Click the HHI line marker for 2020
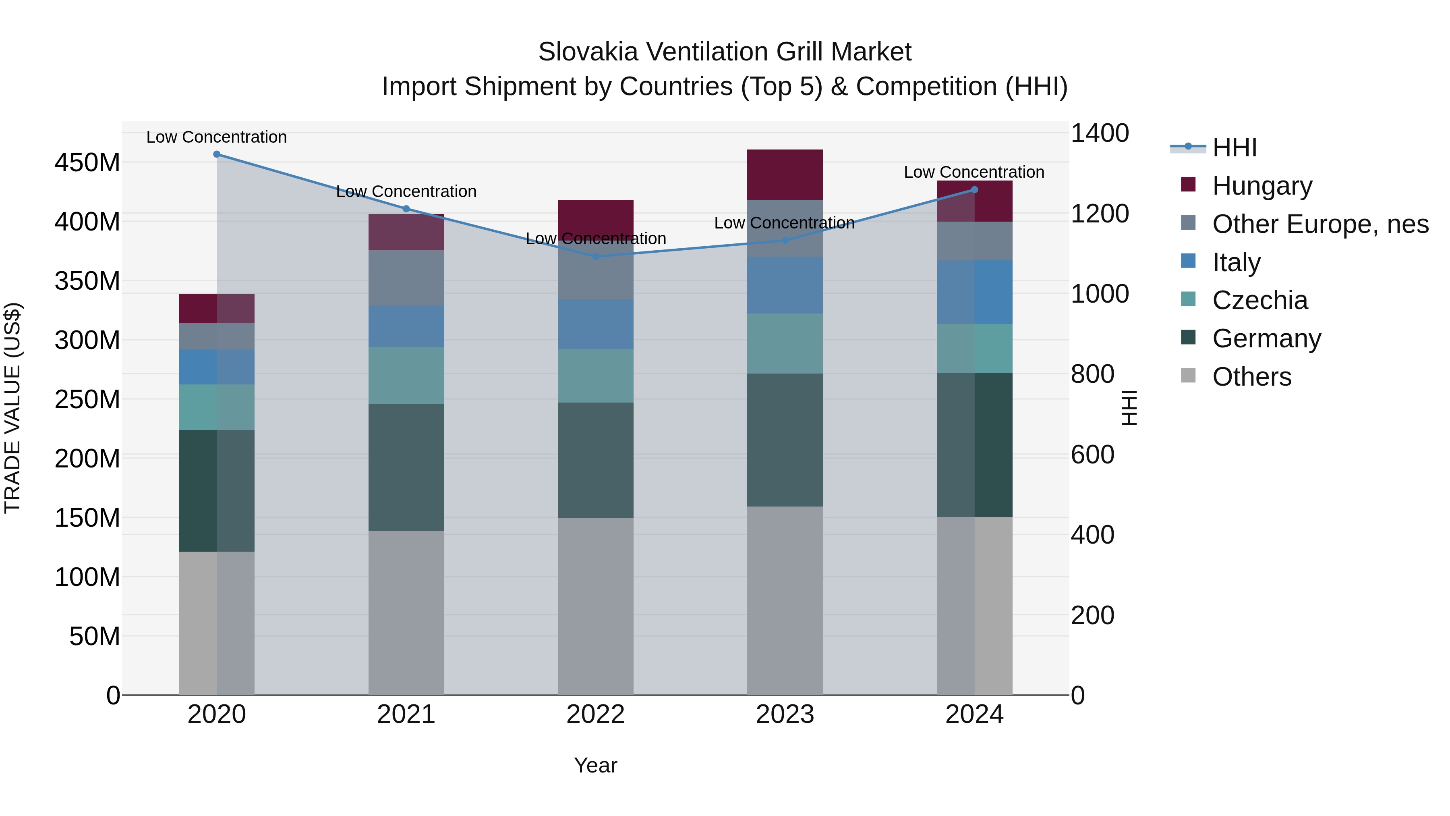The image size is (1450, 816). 217,154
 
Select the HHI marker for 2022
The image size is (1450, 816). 596,257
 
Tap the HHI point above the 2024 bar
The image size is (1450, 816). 975,190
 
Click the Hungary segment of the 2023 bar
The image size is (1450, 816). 785,174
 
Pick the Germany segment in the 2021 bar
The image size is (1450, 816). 406,467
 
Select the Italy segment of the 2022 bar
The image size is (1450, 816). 596,324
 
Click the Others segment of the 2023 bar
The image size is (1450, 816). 785,600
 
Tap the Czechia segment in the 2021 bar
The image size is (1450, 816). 406,375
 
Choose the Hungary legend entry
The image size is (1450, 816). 1261,186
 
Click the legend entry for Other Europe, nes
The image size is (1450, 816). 1319,224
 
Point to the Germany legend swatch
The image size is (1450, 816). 1188,338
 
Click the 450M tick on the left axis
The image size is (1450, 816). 87,163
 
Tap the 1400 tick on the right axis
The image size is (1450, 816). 1099,133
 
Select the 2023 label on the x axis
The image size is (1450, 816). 785,714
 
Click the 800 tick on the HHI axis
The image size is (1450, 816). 1092,374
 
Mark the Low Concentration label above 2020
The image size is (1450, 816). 217,137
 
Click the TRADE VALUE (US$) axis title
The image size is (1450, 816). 12,408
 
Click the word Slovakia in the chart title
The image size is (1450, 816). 588,52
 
